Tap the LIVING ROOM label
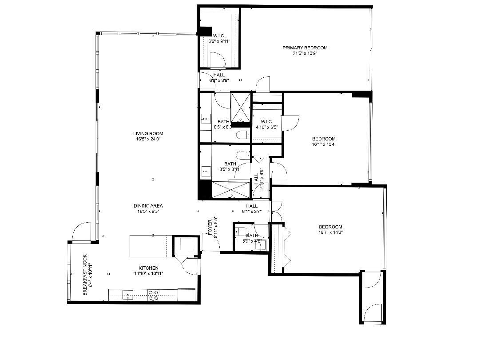click(148, 133)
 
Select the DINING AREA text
click(148, 206)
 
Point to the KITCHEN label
click(148, 268)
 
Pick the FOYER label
click(210, 228)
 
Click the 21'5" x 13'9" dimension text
click(305, 53)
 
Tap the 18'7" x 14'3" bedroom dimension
click(331, 232)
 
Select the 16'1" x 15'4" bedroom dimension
click(324, 144)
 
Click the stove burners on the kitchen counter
click(154, 295)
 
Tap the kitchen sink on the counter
click(128, 295)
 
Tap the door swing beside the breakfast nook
click(81, 232)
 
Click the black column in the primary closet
click(205, 32)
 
